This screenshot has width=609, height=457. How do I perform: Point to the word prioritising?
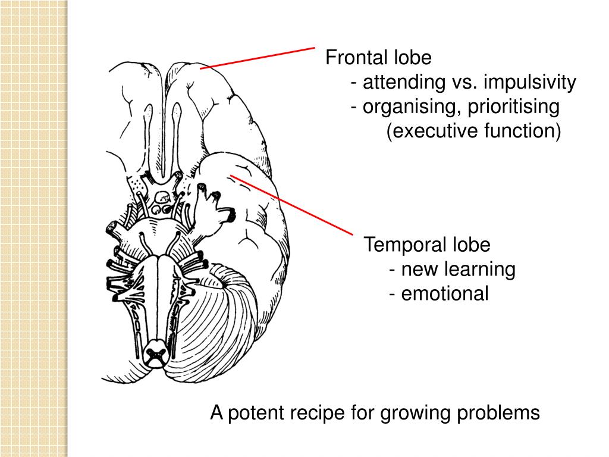(x=513, y=107)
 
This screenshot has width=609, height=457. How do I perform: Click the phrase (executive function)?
(x=474, y=132)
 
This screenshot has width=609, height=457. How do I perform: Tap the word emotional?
(x=444, y=293)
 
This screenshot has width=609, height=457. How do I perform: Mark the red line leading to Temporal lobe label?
(x=291, y=204)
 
